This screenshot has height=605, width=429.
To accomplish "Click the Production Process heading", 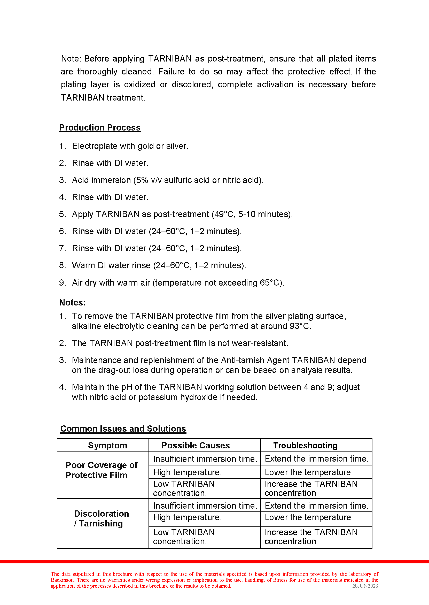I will coord(100,128).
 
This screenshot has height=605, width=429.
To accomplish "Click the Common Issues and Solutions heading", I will coord(123,428).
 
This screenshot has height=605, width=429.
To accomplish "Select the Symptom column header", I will coord(107,445).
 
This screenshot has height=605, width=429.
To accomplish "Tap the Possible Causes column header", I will coord(196,445).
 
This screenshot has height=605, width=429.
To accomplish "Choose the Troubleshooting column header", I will coord(305,445).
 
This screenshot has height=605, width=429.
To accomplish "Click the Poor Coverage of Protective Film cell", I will coord(102,470).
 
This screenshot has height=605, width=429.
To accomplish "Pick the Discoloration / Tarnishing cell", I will coord(102,518).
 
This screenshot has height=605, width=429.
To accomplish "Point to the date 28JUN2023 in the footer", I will coord(365,586).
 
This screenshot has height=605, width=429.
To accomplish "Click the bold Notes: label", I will coord(72,303).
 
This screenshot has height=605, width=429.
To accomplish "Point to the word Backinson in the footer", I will coord(63,580).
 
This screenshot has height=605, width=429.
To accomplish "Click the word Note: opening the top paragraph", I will coord(71,59).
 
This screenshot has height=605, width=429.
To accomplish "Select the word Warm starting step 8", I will coord(83,265).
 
